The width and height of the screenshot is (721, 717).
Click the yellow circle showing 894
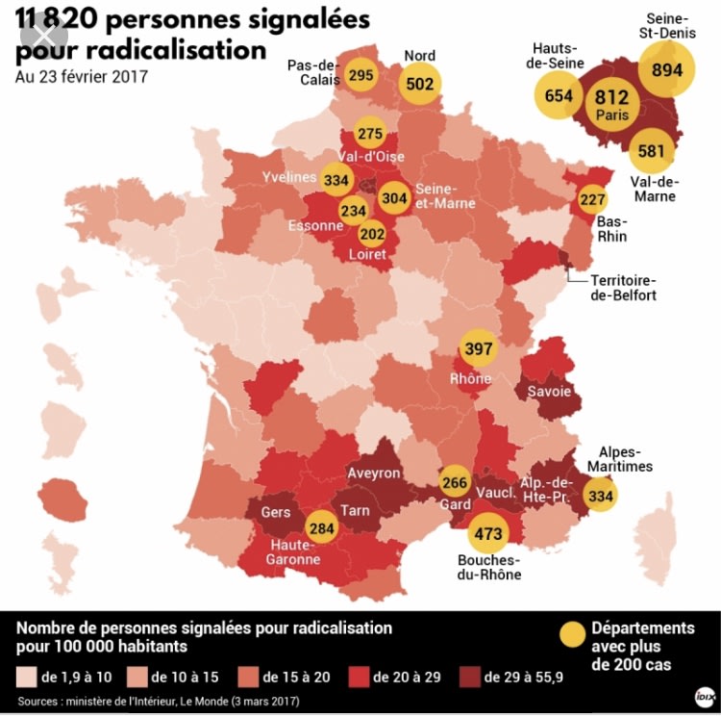(667, 69)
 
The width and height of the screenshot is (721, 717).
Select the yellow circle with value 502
(420, 84)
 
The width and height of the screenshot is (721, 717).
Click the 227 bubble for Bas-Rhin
(592, 200)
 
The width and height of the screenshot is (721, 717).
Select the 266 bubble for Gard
(456, 483)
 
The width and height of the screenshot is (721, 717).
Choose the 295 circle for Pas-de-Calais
(361, 75)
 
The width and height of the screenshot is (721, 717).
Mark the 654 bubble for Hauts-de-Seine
(559, 95)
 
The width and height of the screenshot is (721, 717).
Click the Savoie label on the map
(549, 392)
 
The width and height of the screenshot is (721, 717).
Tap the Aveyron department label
(373, 474)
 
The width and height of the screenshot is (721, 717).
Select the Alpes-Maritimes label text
(626, 459)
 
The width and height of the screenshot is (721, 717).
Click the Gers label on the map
(276, 513)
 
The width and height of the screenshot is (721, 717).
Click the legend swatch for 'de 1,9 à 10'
(26, 677)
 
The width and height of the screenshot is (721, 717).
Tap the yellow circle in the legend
(574, 634)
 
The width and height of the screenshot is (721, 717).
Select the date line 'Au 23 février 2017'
(82, 77)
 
